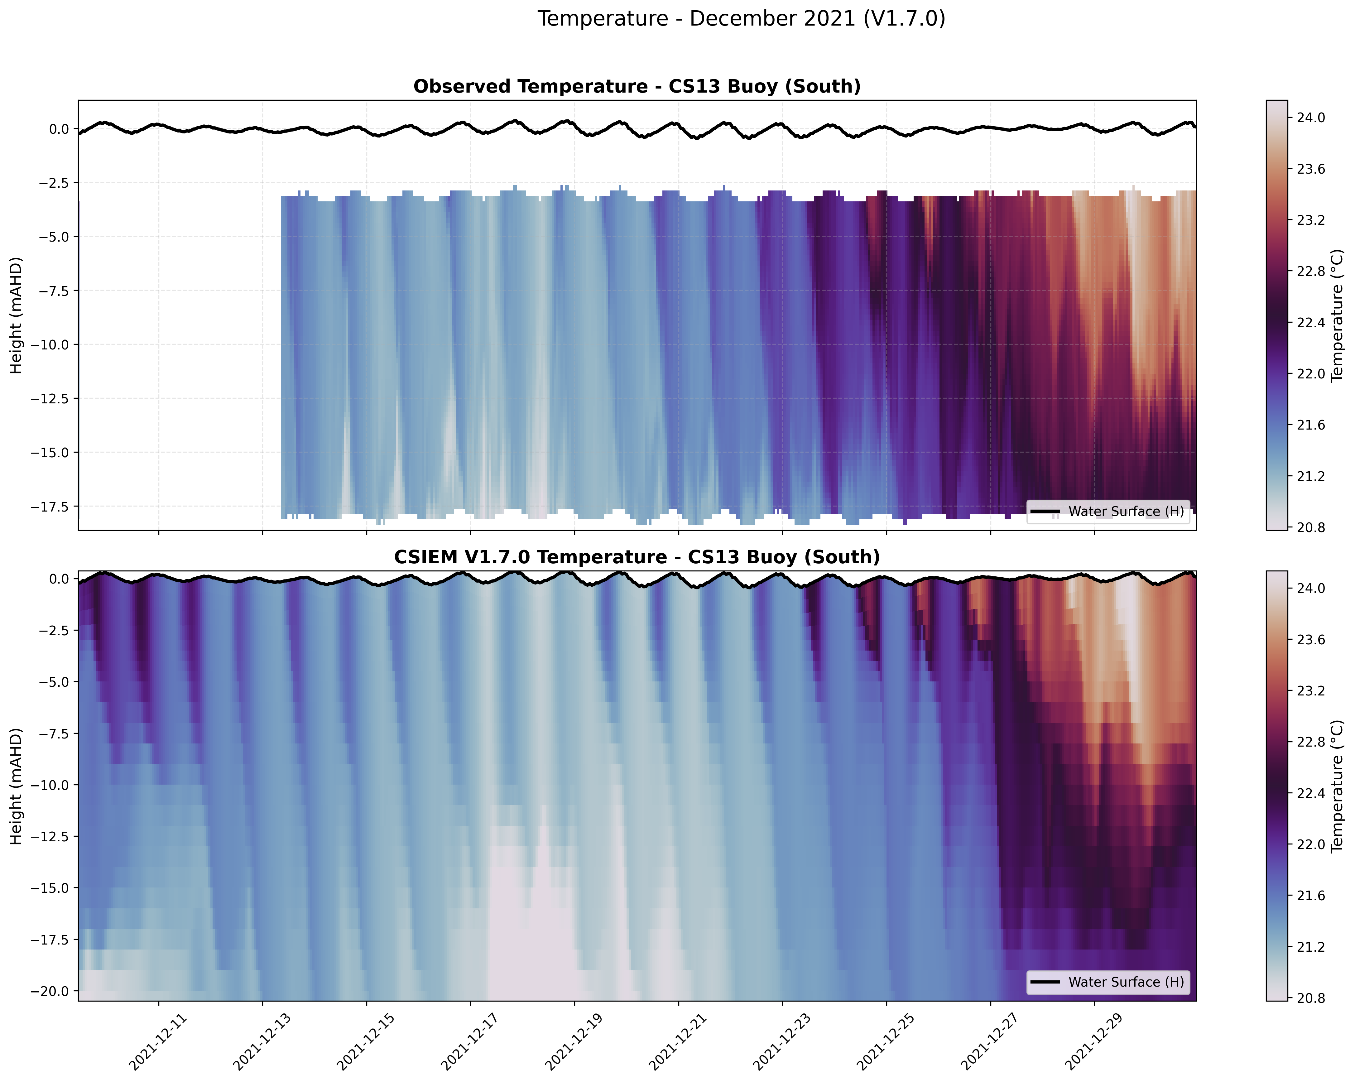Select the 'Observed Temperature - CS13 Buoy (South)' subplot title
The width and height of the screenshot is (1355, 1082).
(637, 87)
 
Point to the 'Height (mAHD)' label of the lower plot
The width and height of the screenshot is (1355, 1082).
(16, 786)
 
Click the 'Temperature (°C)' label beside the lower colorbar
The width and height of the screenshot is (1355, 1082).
(1338, 786)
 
